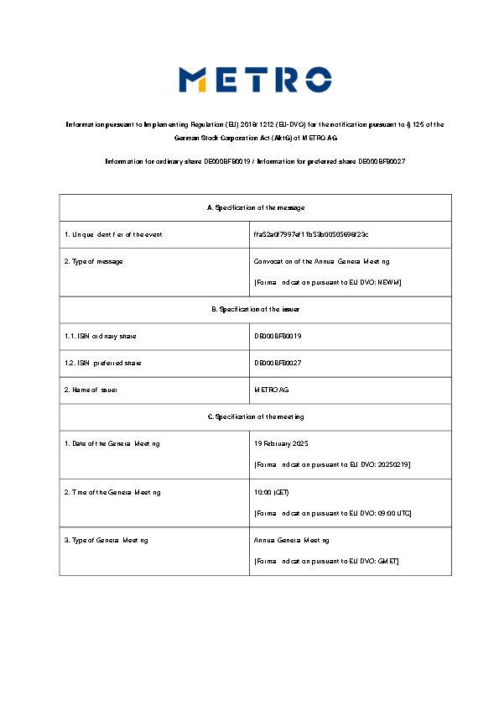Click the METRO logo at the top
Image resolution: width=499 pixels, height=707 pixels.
click(x=255, y=80)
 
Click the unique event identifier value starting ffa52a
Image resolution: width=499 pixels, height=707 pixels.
click(x=310, y=234)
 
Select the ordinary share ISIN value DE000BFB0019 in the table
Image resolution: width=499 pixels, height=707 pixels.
click(x=278, y=336)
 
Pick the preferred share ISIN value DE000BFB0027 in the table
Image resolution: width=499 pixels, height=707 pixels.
click(x=278, y=363)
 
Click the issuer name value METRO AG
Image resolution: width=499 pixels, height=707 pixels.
click(x=271, y=390)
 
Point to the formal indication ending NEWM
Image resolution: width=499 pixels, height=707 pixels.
click(x=327, y=282)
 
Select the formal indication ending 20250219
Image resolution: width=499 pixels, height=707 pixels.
click(x=331, y=464)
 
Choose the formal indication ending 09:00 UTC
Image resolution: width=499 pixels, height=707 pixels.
click(x=332, y=513)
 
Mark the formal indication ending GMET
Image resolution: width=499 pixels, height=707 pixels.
click(x=326, y=560)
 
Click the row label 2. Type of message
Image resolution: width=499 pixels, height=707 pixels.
click(x=94, y=261)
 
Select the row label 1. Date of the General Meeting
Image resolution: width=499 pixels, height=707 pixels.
click(x=112, y=443)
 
